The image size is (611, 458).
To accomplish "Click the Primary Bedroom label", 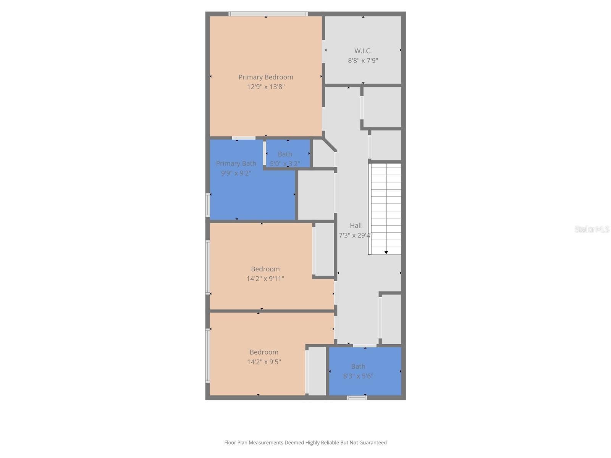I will (x=266, y=77).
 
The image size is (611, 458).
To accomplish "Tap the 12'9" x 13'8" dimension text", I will (x=266, y=87).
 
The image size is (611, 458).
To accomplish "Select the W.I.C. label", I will (x=363, y=51).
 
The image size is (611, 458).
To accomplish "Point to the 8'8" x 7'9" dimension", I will (x=363, y=60).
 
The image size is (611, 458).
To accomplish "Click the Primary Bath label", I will (x=236, y=163).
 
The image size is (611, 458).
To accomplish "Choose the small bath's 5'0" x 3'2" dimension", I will (x=285, y=164).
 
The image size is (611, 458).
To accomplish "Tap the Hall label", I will (x=356, y=226).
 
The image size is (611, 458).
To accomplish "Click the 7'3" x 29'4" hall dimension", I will (x=355, y=235).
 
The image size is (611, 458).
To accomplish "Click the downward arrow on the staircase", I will (x=386, y=252).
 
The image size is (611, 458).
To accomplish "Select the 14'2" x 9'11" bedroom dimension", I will (x=265, y=279).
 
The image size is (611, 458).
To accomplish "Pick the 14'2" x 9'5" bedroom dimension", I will (x=264, y=362).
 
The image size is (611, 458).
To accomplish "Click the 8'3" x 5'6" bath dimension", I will (x=358, y=376).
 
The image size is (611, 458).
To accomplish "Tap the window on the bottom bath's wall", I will (x=357, y=398).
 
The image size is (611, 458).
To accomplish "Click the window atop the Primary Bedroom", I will (x=268, y=14).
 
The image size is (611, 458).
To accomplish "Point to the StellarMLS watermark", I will (x=592, y=229).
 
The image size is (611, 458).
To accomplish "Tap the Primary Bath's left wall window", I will (x=208, y=205).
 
